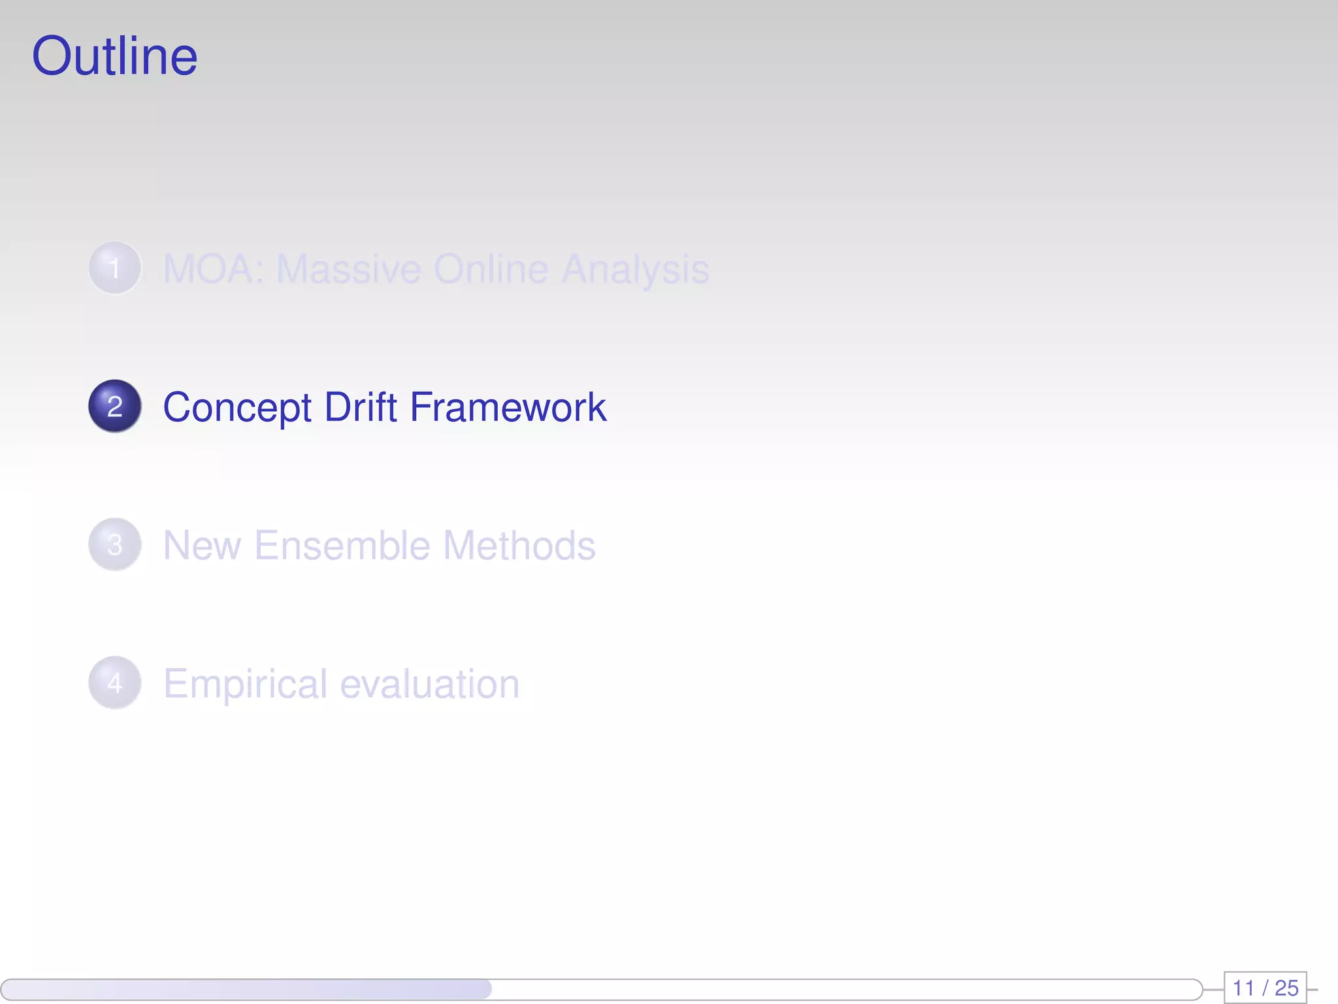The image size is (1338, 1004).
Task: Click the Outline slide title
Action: pyautogui.click(x=114, y=56)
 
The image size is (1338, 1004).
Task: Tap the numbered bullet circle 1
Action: pyautogui.click(x=115, y=268)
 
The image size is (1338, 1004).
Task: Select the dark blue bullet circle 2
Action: pyautogui.click(x=115, y=406)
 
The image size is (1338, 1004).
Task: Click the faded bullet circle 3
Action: pyautogui.click(x=115, y=544)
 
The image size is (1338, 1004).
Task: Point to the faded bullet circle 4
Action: pyautogui.click(x=115, y=683)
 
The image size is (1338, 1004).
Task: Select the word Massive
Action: pyautogui.click(x=348, y=269)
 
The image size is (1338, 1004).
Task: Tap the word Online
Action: pyautogui.click(x=491, y=269)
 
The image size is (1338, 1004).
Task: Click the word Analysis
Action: pyautogui.click(x=636, y=270)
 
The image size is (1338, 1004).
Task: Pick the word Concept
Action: pyautogui.click(x=237, y=408)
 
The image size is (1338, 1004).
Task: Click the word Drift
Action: pyautogui.click(x=361, y=407)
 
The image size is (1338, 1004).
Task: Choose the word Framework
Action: pyautogui.click(x=508, y=407)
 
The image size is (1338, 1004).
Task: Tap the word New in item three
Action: pyautogui.click(x=202, y=545)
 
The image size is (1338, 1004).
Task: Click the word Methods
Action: pyautogui.click(x=519, y=545)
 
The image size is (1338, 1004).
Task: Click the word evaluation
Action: pyautogui.click(x=430, y=684)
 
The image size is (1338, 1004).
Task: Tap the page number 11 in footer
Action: pyautogui.click(x=1243, y=988)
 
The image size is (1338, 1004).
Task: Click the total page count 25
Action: pyautogui.click(x=1286, y=988)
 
